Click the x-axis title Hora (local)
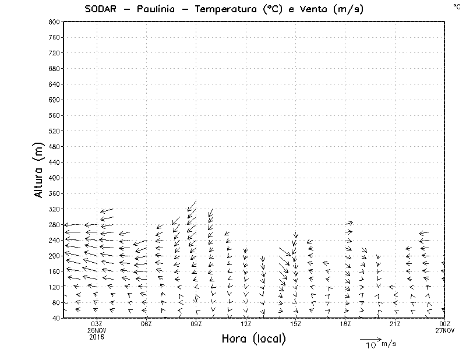click(253, 338)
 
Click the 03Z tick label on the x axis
click(97, 324)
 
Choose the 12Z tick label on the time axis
click(246, 324)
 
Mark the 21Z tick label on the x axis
click(395, 324)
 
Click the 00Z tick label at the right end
click(445, 324)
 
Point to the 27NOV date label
click(445, 330)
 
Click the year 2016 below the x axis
click(97, 337)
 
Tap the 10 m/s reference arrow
click(370, 338)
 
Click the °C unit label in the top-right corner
click(456, 6)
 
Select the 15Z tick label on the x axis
click(295, 324)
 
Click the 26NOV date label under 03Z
click(97, 330)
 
